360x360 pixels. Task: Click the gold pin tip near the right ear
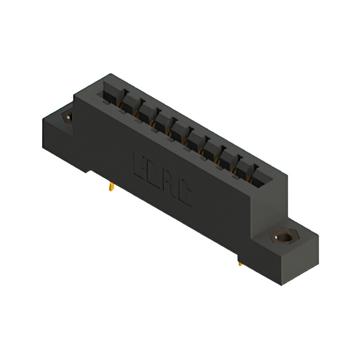pos(240,260)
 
